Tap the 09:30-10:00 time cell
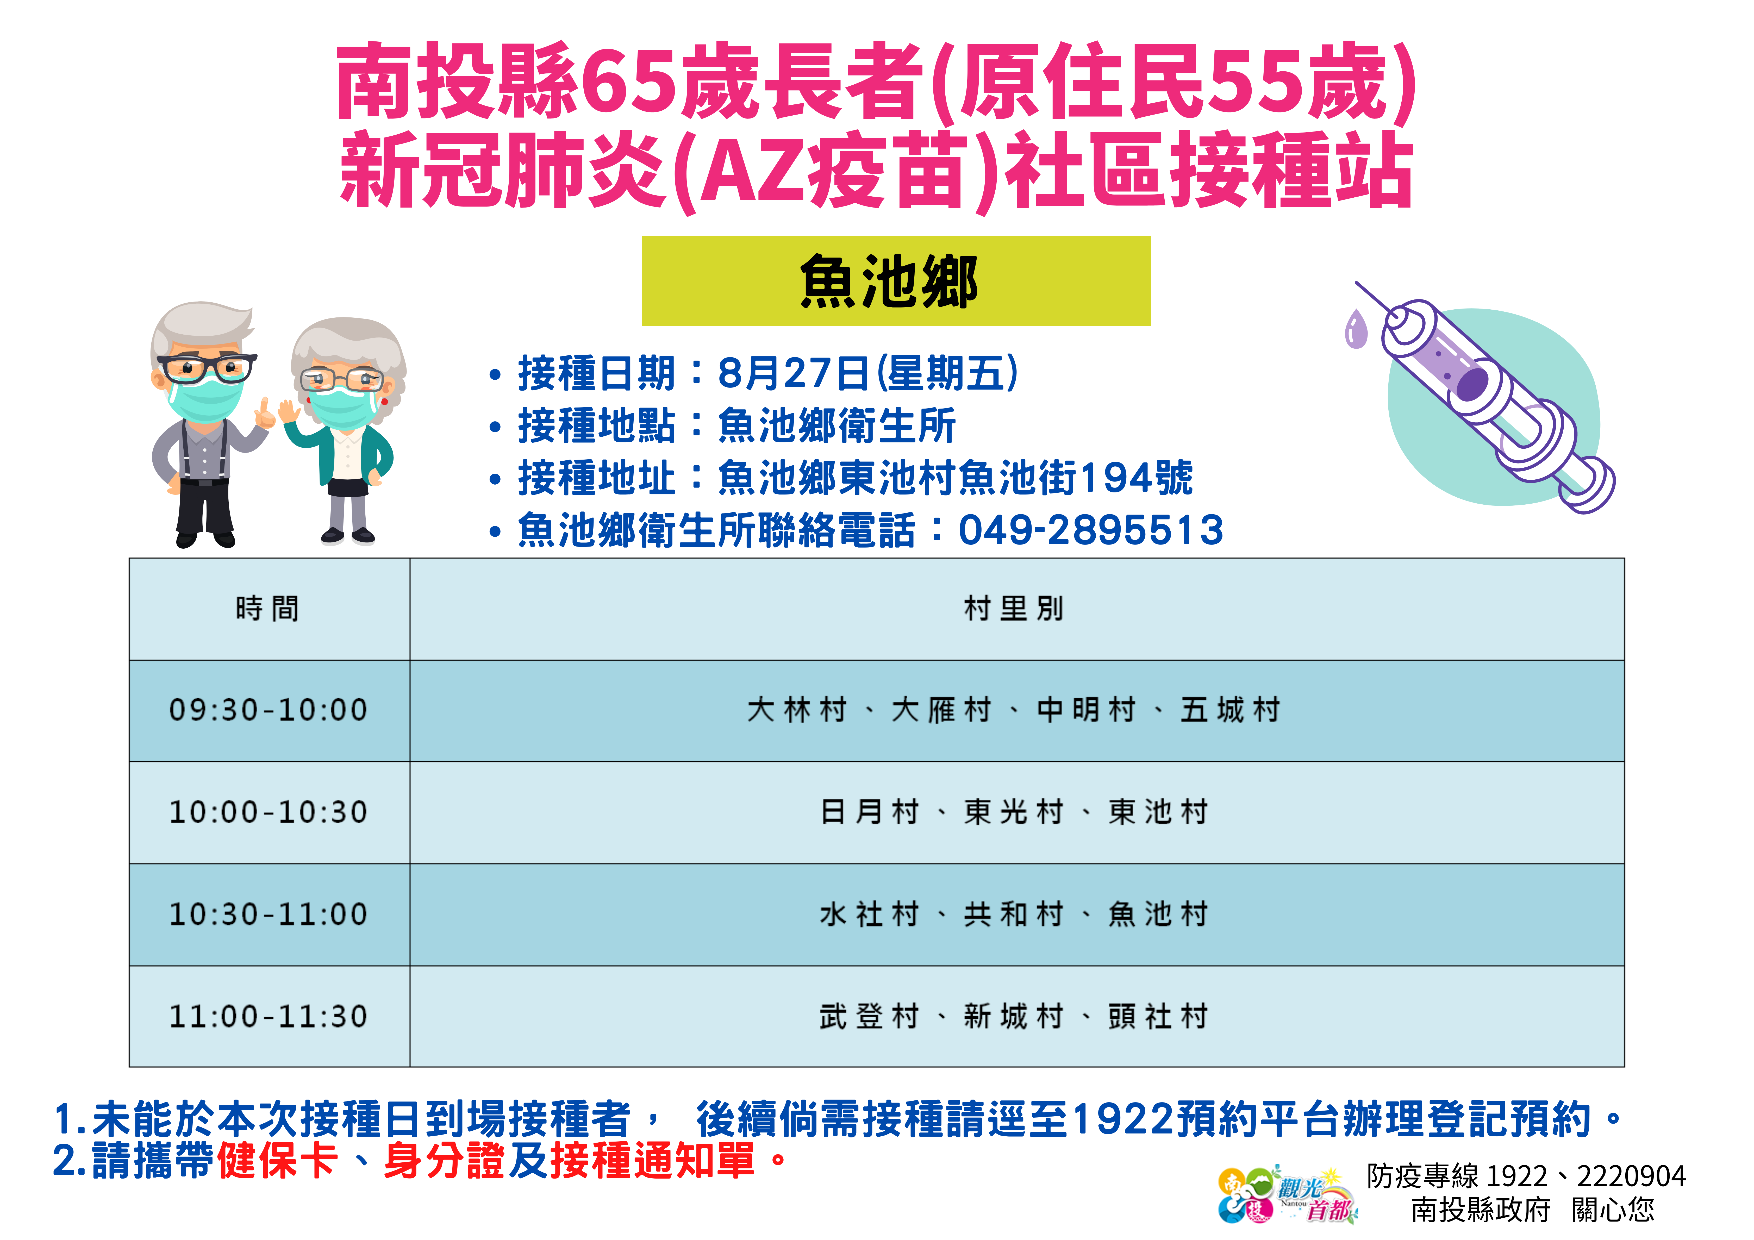click(269, 711)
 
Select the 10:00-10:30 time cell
click(269, 812)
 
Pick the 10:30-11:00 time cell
click(269, 915)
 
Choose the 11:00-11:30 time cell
click(269, 1017)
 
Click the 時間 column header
click(269, 609)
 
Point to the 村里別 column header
click(1016, 609)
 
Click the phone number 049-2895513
click(1091, 530)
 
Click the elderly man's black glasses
click(206, 368)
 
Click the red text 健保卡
click(277, 1161)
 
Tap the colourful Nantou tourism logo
click(1288, 1194)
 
